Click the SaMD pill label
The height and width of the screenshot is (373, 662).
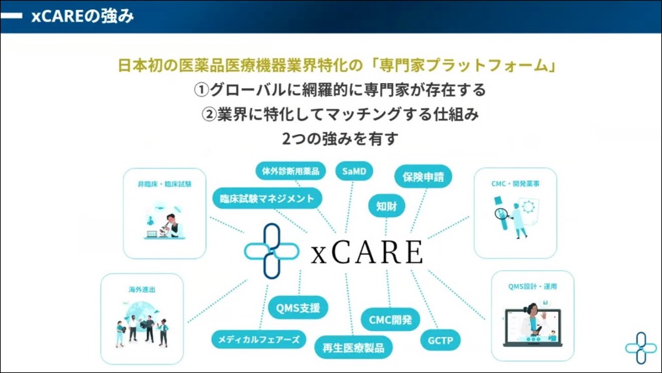click(354, 171)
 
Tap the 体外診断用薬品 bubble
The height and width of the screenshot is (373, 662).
click(290, 171)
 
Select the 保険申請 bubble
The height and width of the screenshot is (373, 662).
click(423, 177)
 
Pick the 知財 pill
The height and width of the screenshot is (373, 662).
click(387, 206)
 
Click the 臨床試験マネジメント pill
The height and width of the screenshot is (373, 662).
click(268, 198)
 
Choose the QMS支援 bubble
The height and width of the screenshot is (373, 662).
click(298, 308)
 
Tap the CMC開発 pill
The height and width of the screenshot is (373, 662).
click(390, 319)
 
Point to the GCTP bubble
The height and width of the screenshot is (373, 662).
click(440, 340)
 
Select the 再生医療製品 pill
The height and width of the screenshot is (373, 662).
click(353, 347)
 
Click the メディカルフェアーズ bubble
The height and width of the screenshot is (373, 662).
click(259, 339)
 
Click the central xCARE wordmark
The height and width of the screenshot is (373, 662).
click(366, 252)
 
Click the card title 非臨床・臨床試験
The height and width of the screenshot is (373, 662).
click(165, 184)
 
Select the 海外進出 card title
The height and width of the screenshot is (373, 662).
click(143, 289)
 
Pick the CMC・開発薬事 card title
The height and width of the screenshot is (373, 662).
click(515, 184)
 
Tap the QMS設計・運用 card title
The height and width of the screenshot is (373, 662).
click(532, 287)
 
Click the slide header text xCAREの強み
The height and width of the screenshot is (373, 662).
click(82, 16)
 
